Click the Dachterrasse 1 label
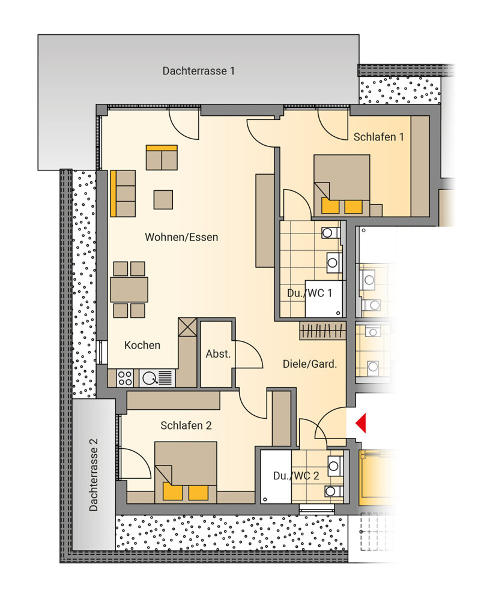[198, 71]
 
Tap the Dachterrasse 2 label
[94, 475]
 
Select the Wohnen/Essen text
[181, 237]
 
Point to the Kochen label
[142, 345]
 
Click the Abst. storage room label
[218, 354]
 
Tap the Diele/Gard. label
[310, 364]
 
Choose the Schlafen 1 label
[378, 137]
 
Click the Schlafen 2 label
[186, 425]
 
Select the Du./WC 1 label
[309, 293]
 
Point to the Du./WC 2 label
[296, 476]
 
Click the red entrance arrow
[361, 423]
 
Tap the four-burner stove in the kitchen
[125, 378]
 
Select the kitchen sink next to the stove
[157, 378]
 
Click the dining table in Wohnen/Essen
[129, 290]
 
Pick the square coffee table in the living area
[163, 200]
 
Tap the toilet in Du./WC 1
[330, 233]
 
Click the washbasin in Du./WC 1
[334, 263]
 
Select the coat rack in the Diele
[322, 331]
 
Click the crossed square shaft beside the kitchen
[188, 327]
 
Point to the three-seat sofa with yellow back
[123, 194]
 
